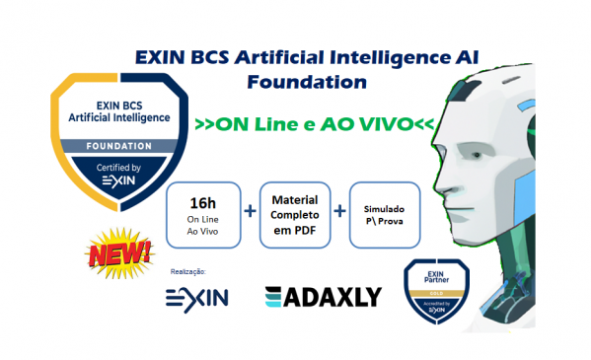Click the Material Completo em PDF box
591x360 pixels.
(292, 212)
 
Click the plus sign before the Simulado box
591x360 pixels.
(339, 212)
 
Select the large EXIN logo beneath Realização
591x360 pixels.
(196, 296)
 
